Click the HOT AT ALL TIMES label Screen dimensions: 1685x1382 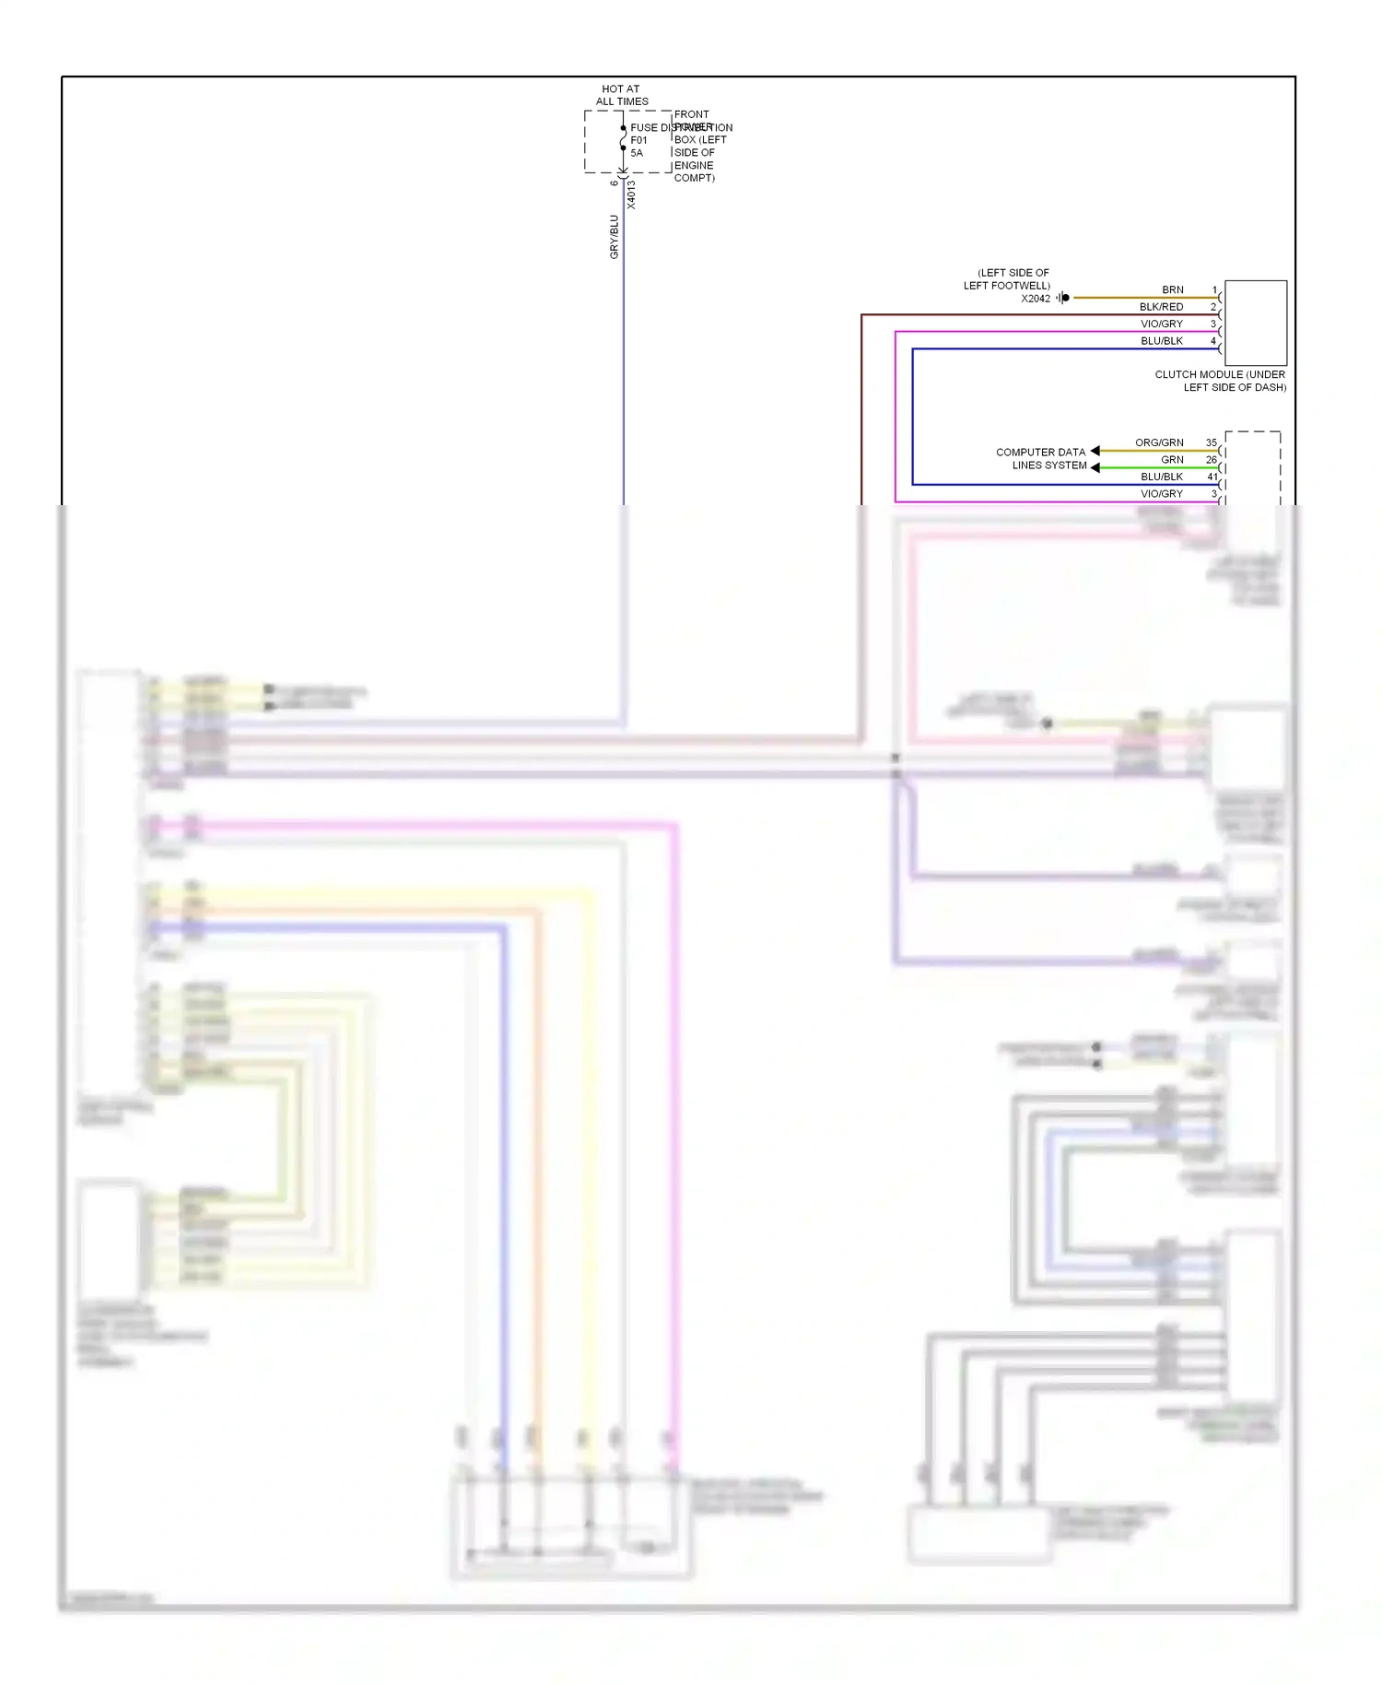pos(621,95)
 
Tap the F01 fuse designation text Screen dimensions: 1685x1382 pos(638,140)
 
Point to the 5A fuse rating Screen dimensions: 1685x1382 pos(637,153)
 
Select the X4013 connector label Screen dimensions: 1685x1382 pos(631,194)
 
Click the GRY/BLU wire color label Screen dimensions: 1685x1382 pos(615,236)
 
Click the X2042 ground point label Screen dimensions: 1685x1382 pos(1035,299)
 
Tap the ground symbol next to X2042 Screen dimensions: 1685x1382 pos(1063,298)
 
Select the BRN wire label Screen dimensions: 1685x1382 pos(1172,289)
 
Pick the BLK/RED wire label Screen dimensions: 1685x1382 pos(1161,307)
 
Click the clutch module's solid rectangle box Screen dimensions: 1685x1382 pos(1255,323)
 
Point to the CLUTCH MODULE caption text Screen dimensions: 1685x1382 pos(1220,381)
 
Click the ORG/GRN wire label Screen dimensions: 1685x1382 pos(1159,442)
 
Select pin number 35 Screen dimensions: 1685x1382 pos(1211,442)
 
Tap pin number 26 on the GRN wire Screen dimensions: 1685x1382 pos(1211,459)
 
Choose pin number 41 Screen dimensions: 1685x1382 pos(1212,477)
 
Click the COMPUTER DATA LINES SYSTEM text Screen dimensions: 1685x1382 pos(1041,458)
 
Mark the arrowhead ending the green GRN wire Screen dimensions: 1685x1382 pos(1095,467)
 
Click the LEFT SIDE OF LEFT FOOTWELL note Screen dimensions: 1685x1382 pos(1008,279)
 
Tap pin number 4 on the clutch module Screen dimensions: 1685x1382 pos(1212,341)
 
